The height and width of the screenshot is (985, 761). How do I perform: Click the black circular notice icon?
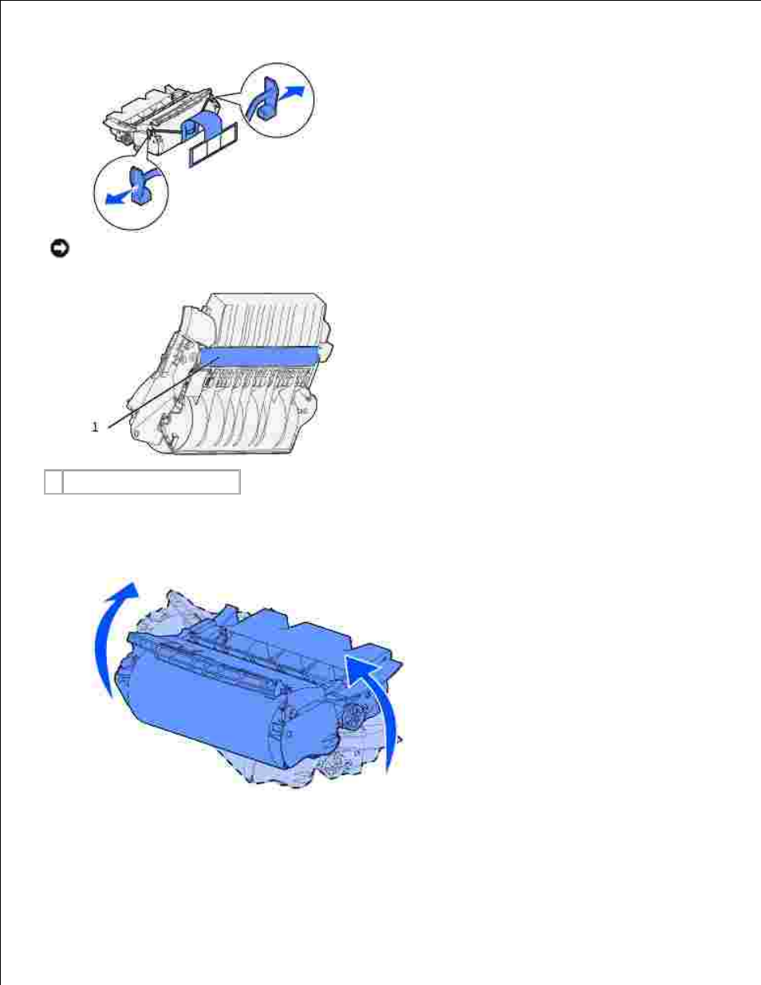[x=60, y=249]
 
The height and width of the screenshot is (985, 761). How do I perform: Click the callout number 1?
[x=95, y=427]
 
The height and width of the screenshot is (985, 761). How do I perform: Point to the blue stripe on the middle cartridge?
[x=259, y=355]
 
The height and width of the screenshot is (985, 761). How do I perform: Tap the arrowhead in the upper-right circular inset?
[x=297, y=91]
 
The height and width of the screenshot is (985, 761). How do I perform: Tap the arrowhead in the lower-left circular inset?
[x=112, y=198]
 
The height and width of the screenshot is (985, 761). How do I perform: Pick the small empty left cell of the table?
[x=53, y=482]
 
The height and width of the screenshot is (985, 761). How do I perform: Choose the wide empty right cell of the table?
[x=152, y=482]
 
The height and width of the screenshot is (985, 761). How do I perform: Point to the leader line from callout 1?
[x=164, y=392]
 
